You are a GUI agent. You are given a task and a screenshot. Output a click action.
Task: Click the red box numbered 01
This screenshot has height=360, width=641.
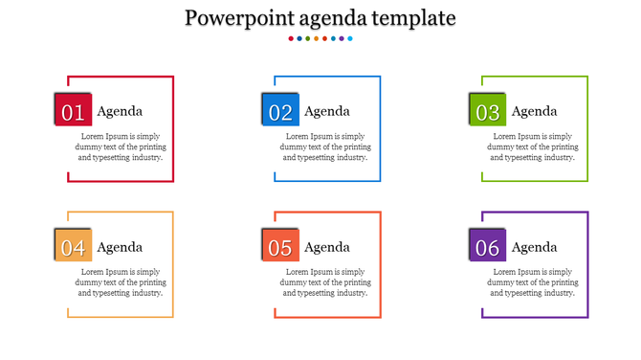click(x=73, y=111)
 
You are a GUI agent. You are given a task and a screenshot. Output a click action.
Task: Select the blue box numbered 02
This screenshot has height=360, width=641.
click(x=280, y=111)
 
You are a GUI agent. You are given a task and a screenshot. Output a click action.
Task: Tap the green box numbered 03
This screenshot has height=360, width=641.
click(x=488, y=111)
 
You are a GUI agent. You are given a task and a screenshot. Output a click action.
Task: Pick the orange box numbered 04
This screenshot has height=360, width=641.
click(x=73, y=247)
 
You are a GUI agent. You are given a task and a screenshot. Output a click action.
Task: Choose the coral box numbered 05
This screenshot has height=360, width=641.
click(x=280, y=247)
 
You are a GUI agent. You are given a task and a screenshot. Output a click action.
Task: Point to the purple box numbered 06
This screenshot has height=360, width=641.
click(x=488, y=247)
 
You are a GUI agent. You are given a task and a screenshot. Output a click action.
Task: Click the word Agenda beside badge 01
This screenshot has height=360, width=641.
click(x=120, y=111)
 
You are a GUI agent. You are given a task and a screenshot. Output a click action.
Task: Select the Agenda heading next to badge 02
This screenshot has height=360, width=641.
click(x=327, y=111)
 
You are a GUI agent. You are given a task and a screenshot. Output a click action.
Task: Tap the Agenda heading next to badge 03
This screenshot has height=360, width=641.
click(x=534, y=111)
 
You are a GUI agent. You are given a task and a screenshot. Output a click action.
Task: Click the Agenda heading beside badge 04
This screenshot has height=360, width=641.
click(x=120, y=247)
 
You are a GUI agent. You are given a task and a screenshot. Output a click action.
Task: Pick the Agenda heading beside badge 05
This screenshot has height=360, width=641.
click(x=327, y=247)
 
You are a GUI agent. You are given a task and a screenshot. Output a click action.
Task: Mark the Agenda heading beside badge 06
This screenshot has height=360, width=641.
click(x=534, y=247)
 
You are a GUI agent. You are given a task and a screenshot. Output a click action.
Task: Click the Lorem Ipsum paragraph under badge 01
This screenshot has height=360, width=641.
click(x=121, y=146)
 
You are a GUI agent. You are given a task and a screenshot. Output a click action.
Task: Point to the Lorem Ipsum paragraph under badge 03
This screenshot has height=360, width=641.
click(x=535, y=146)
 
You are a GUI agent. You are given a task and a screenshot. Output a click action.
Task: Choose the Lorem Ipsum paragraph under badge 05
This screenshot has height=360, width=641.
click(x=327, y=282)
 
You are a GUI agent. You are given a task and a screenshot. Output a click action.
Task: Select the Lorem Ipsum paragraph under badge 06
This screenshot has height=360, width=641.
click(x=535, y=282)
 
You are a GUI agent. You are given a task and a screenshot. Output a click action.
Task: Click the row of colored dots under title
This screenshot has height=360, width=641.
click(x=320, y=39)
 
